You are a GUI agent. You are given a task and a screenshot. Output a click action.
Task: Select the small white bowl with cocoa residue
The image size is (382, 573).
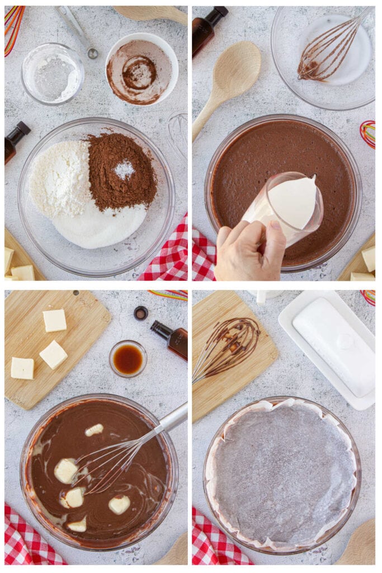[x=142, y=69]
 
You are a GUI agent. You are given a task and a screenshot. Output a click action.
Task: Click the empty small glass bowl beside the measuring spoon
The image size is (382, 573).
[x=53, y=73]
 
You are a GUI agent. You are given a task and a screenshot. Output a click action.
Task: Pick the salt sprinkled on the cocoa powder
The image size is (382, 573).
[x=124, y=169]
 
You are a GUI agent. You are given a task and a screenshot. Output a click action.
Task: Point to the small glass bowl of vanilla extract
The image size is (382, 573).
[x=128, y=359]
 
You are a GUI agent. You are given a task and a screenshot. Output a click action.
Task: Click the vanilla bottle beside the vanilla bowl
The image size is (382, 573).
[x=171, y=339]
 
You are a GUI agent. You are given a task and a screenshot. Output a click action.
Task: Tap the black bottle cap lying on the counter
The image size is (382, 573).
[x=141, y=313]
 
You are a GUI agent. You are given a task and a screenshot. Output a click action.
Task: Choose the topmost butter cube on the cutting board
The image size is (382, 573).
[x=55, y=321]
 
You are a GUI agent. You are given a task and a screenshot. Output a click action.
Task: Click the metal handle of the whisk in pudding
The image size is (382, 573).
[x=174, y=417]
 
